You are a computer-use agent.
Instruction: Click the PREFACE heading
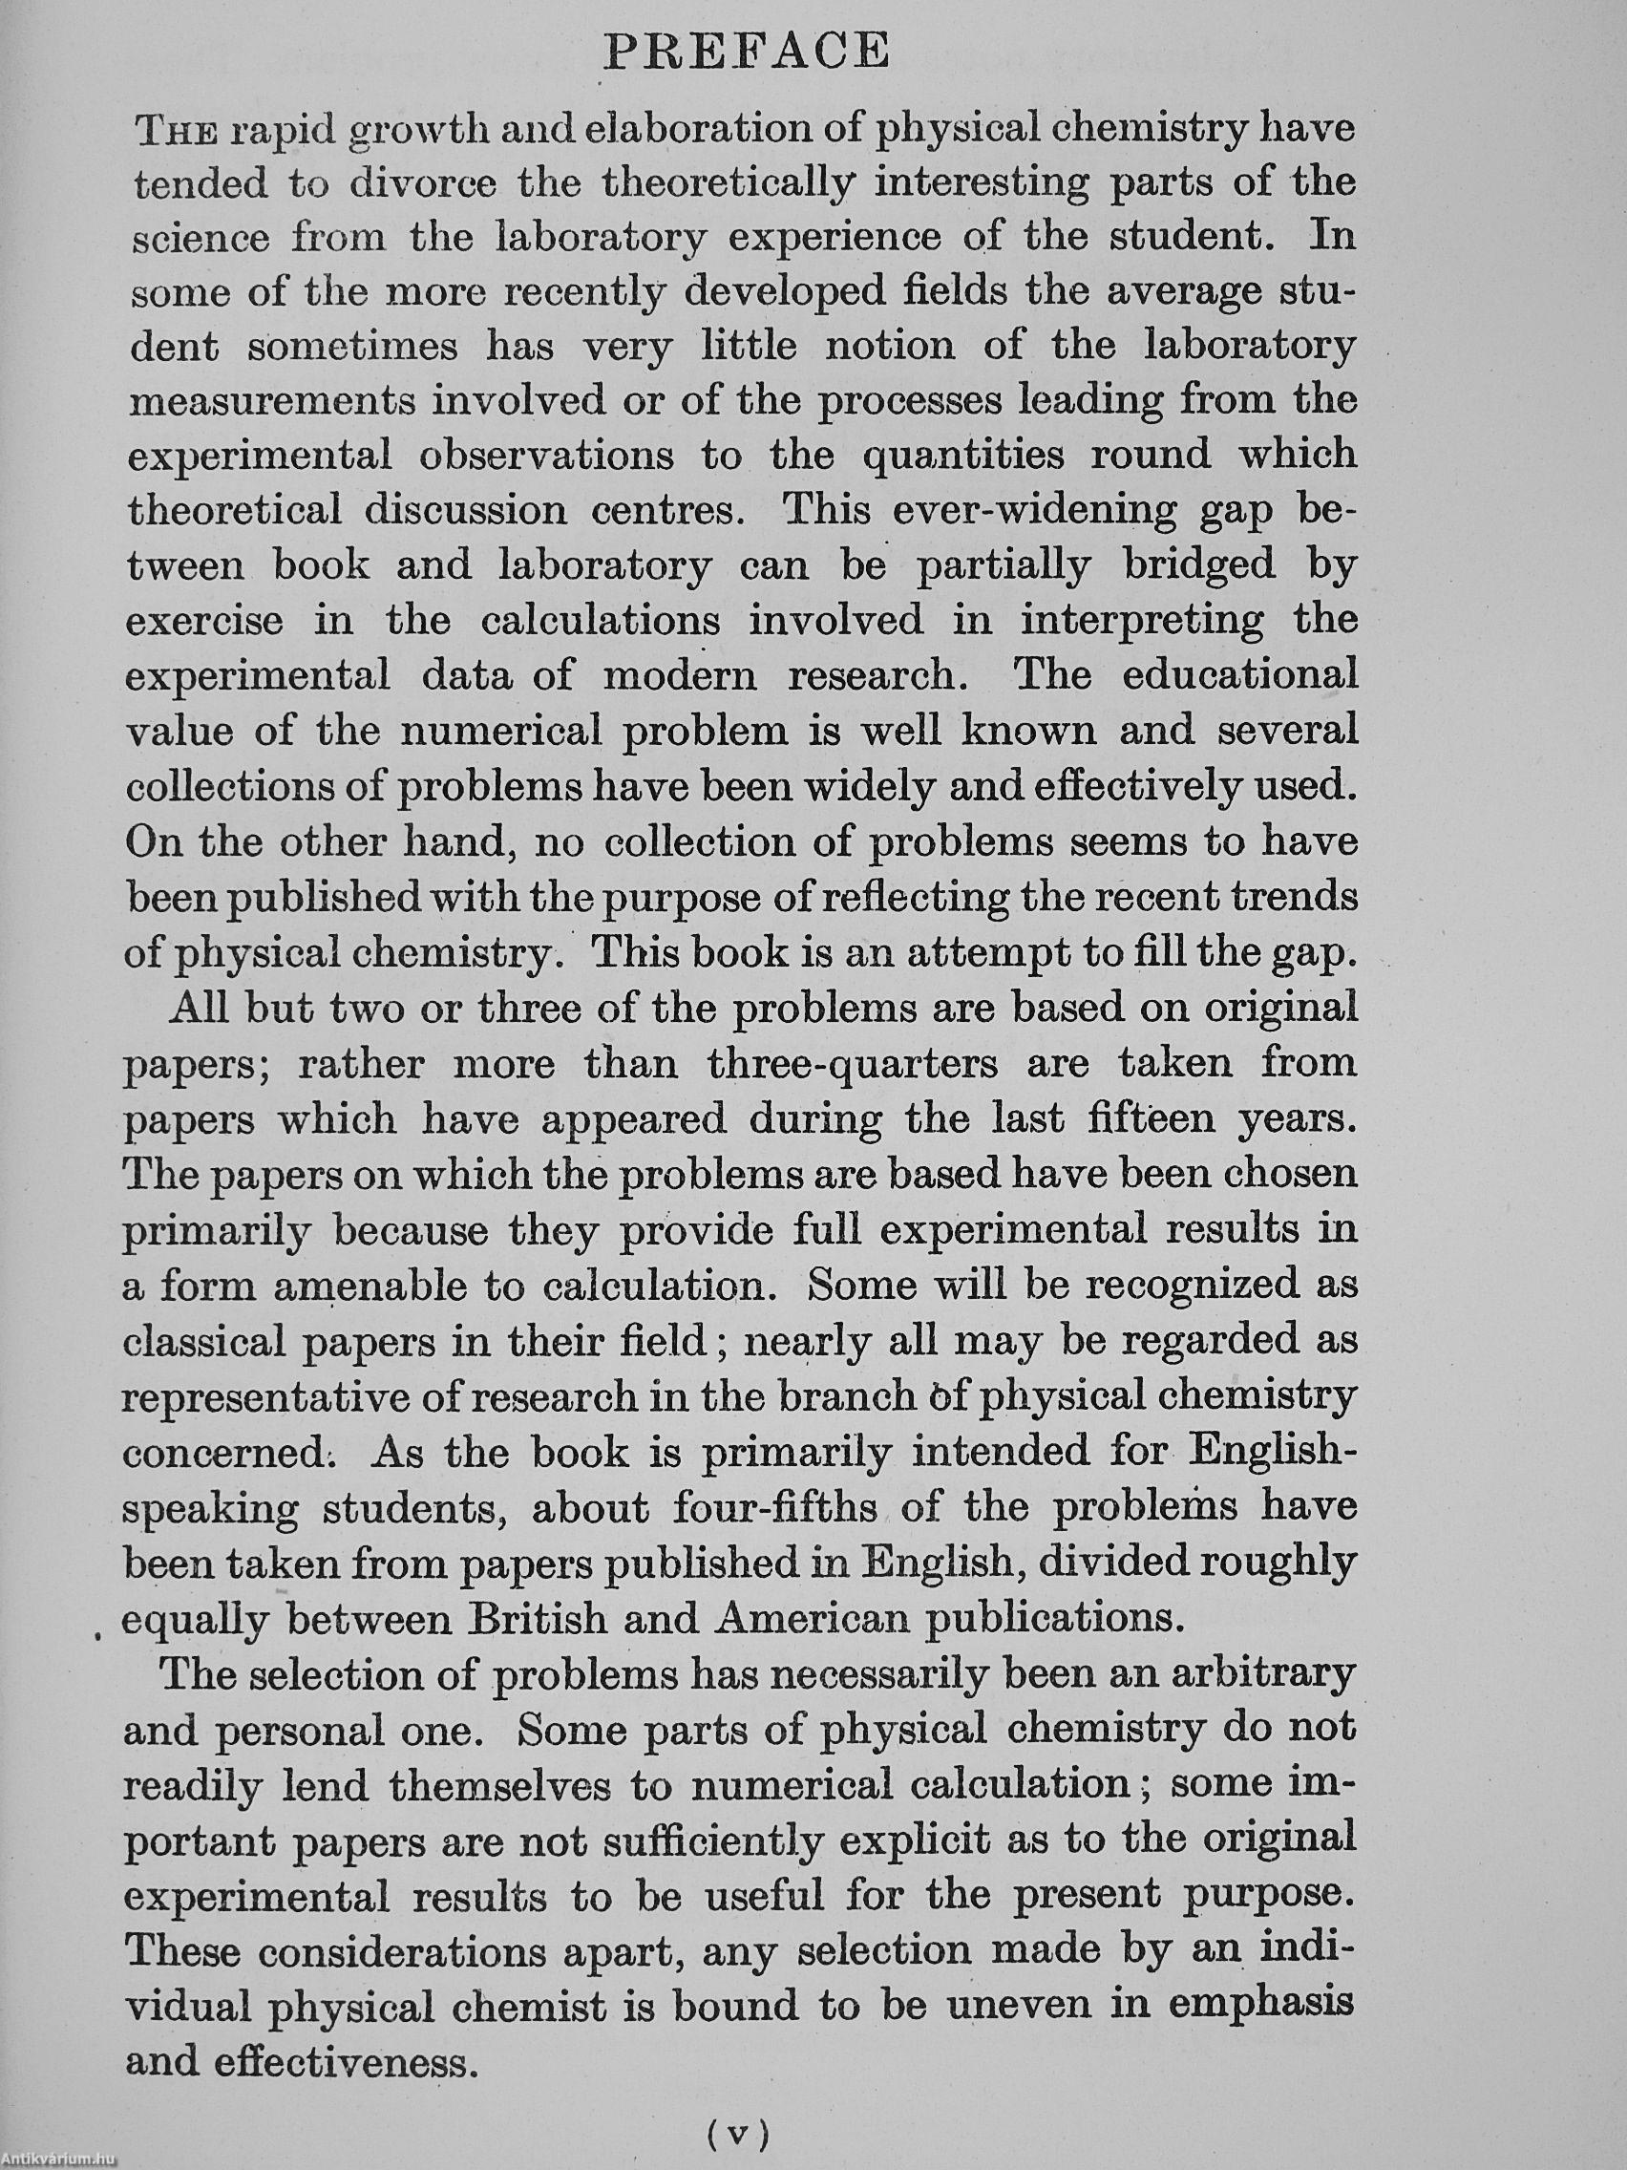[748, 51]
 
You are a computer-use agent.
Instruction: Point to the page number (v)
[738, 2130]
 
